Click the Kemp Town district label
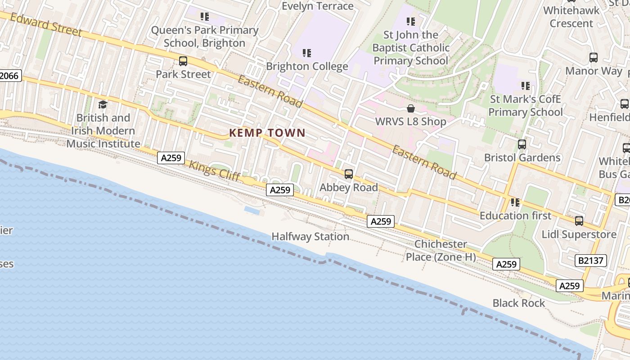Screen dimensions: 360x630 [x=267, y=133]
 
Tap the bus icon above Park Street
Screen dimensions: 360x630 [x=183, y=61]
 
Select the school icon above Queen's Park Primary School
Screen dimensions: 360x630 [x=205, y=17]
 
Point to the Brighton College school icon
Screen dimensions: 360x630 [x=307, y=53]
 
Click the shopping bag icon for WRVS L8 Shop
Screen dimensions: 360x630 [x=411, y=108]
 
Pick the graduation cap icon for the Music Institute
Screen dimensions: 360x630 [x=103, y=105]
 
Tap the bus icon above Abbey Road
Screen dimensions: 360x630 [x=349, y=174]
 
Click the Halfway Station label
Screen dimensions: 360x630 [x=310, y=236]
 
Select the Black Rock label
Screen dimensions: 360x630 [x=518, y=303]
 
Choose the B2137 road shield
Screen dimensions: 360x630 [x=591, y=260]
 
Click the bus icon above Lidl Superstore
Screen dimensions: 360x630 [x=579, y=221]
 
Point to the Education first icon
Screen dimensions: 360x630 [x=515, y=202]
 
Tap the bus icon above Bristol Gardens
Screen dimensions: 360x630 [x=522, y=144]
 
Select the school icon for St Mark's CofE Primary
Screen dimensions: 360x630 [x=526, y=85]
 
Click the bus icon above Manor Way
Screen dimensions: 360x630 [x=594, y=58]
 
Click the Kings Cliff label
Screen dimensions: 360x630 [x=214, y=171]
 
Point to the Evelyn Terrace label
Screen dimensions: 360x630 [x=317, y=6]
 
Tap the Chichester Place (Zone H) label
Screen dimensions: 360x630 [x=441, y=250]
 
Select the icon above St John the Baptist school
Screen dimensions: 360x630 [x=410, y=21]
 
